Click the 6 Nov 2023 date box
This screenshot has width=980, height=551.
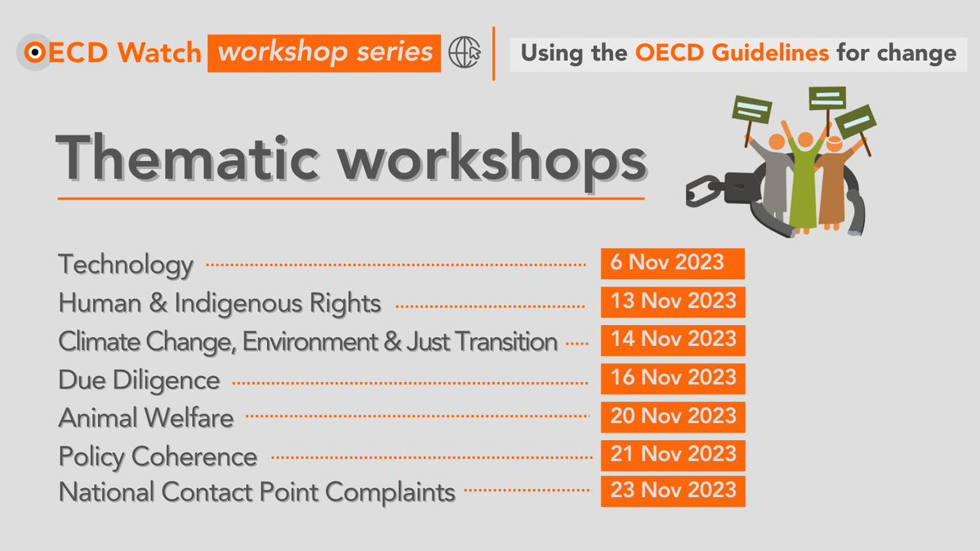672,264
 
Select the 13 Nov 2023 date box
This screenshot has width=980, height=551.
672,301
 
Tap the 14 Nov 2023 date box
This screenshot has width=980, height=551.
672,340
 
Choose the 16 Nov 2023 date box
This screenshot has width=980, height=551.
672,377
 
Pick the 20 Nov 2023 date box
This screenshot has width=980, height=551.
672,415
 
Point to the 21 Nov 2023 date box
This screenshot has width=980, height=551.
672,454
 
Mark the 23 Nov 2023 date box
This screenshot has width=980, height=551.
672,491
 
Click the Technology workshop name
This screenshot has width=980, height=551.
126,265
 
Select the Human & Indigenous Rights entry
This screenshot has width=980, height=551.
220,304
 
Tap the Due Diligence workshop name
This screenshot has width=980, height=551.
139,380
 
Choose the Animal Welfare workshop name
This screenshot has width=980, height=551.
146,418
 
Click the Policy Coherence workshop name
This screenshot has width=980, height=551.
158,456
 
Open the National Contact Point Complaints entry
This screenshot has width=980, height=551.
256,493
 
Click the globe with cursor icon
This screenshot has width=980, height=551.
465,53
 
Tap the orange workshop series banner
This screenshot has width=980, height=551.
324,53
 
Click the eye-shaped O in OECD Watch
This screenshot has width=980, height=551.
35,53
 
